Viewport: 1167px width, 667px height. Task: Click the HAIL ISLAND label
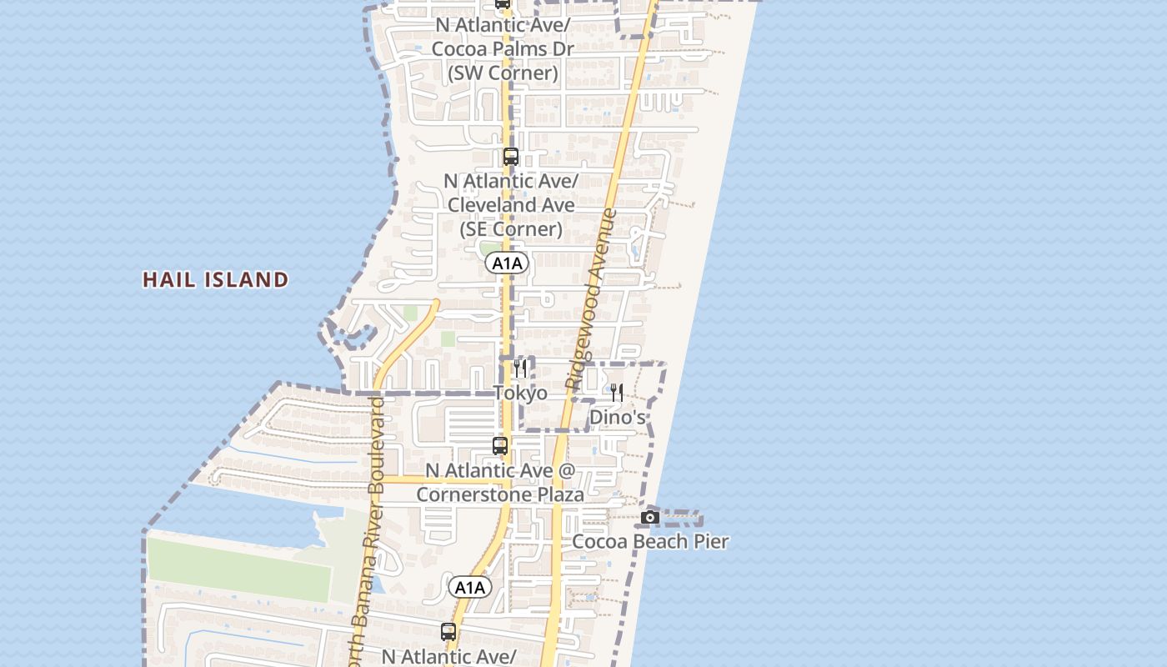click(x=216, y=279)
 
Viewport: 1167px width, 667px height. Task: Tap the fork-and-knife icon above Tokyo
click(x=520, y=369)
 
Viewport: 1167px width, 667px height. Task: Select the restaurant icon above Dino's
click(x=617, y=393)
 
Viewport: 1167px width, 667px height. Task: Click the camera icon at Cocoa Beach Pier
click(x=650, y=518)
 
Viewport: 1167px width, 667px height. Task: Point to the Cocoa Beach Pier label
click(x=650, y=542)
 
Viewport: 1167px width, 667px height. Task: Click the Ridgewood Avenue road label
click(x=592, y=300)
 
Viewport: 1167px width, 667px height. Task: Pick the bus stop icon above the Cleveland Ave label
click(x=511, y=157)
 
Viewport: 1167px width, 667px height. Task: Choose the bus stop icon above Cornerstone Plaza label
click(x=500, y=446)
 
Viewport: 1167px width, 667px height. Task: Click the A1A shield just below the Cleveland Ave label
click(x=507, y=263)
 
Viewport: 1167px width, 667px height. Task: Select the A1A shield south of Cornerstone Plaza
click(x=470, y=588)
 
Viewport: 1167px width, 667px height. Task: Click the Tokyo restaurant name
click(x=520, y=393)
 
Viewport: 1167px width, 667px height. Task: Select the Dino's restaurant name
click(x=617, y=417)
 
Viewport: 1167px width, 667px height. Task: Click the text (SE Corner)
click(x=510, y=228)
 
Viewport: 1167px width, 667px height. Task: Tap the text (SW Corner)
click(x=503, y=73)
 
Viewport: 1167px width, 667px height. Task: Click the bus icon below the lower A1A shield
click(x=448, y=632)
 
